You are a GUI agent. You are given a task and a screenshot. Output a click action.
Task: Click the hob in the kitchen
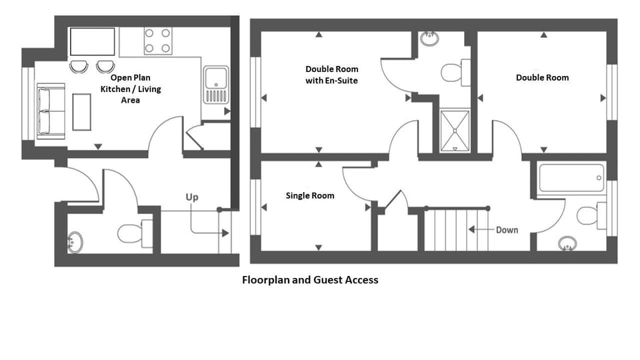pyautogui.click(x=157, y=41)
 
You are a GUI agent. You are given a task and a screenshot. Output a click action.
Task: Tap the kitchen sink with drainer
pyautogui.click(x=216, y=85)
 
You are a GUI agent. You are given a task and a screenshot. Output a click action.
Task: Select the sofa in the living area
pyautogui.click(x=51, y=111)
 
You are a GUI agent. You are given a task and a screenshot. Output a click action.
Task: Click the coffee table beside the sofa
pyautogui.click(x=81, y=112)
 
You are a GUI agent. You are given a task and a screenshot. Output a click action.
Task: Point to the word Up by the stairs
pyautogui.click(x=192, y=197)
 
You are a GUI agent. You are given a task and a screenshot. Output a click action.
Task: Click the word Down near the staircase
pyautogui.click(x=507, y=230)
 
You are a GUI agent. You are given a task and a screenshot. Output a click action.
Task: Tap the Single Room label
pyautogui.click(x=310, y=195)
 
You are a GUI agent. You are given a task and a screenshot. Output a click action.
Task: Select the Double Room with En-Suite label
pyautogui.click(x=332, y=75)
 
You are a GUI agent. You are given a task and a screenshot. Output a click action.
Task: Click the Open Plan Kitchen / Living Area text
pyautogui.click(x=131, y=89)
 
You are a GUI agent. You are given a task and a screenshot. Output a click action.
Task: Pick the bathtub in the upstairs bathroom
pyautogui.click(x=571, y=178)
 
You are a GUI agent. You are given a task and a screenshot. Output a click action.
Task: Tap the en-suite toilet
pyautogui.click(x=455, y=73)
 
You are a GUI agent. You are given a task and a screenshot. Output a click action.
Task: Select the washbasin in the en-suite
pyautogui.click(x=429, y=39)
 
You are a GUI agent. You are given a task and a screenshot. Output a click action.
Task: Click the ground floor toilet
pyautogui.click(x=135, y=233)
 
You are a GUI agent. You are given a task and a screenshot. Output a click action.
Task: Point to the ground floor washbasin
pyautogui.click(x=75, y=243)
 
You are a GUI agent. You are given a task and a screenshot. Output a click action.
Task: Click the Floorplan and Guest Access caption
pyautogui.click(x=310, y=280)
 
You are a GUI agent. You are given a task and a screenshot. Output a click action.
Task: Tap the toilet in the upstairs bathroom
pyautogui.click(x=591, y=215)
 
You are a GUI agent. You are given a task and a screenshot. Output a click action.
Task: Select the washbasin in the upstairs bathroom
pyautogui.click(x=567, y=244)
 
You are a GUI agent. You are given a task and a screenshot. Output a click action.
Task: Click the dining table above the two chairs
pyautogui.click(x=92, y=41)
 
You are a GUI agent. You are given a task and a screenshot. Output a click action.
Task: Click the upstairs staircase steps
pyautogui.click(x=457, y=230)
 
